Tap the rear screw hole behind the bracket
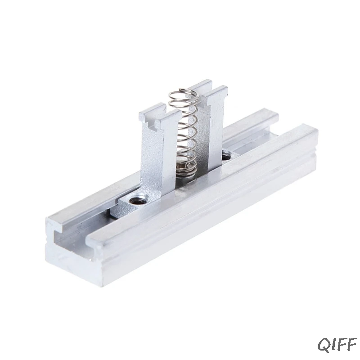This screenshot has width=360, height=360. pyautogui.click(x=226, y=157)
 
